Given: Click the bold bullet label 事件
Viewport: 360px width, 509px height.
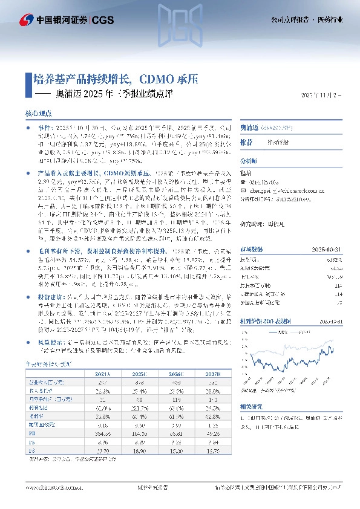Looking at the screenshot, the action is pyautogui.click(x=45, y=129).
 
